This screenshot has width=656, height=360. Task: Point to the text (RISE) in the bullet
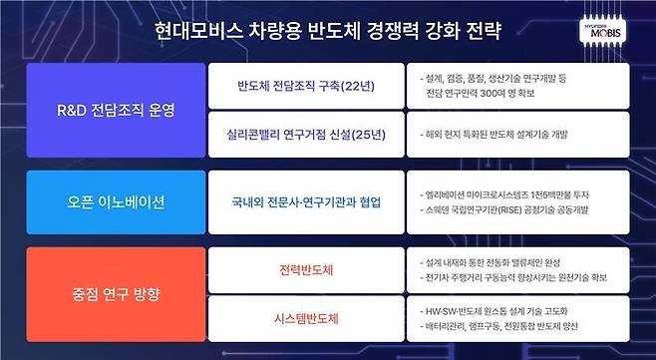click(511, 210)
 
